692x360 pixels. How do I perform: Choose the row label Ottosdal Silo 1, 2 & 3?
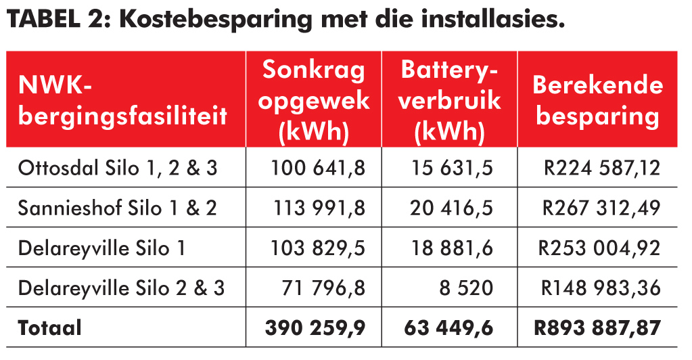(118, 168)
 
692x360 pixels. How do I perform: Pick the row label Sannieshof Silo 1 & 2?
(118, 208)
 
